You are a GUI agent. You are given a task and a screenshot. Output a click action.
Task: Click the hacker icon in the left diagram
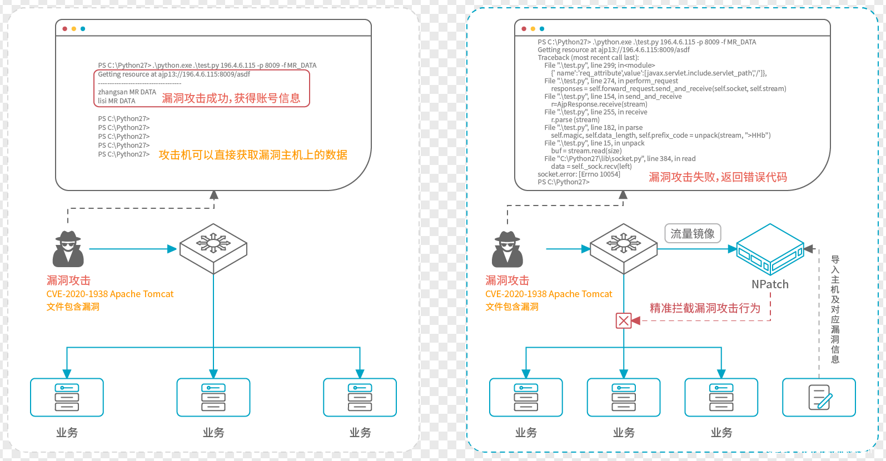point(68,249)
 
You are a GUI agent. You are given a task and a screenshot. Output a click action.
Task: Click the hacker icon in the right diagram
point(507,249)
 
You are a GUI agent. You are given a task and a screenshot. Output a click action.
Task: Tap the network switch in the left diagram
point(213,248)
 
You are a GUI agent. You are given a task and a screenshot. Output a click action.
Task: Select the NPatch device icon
point(770,249)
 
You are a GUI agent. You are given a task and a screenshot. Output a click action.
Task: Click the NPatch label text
point(770,284)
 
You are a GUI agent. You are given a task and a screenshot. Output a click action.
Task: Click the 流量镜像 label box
point(693,234)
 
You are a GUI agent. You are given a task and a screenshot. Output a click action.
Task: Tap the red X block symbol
point(624,320)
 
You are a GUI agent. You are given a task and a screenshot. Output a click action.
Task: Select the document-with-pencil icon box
point(819,397)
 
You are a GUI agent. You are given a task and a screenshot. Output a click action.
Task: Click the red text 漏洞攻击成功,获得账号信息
point(231,98)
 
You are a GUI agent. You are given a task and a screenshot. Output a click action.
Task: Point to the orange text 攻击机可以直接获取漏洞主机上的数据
point(253,155)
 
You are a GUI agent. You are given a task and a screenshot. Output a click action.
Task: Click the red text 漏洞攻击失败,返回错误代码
point(718,177)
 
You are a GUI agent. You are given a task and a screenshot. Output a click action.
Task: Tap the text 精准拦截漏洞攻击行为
point(705,308)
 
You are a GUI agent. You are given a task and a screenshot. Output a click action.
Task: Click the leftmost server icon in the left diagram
point(67,397)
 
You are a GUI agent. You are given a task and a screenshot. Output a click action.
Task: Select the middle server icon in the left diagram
point(213,397)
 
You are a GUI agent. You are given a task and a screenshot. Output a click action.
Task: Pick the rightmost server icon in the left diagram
point(360,397)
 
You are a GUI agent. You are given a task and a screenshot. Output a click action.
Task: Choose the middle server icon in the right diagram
point(624,397)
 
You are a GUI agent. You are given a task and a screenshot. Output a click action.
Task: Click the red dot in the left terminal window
point(65,29)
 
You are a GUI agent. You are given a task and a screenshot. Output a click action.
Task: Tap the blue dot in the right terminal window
point(542,29)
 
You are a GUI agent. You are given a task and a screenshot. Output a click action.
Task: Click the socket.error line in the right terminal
point(579,174)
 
